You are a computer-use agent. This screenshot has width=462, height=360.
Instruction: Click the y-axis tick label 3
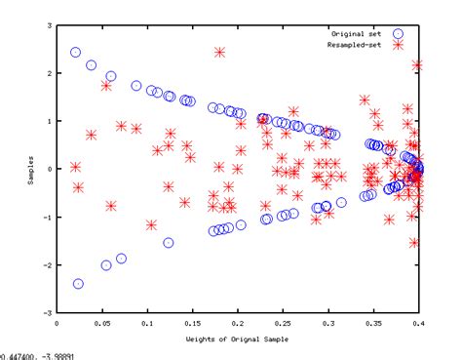[49, 25]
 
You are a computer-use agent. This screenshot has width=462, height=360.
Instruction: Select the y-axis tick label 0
[49, 169]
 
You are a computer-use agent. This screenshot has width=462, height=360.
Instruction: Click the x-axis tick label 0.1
[147, 323]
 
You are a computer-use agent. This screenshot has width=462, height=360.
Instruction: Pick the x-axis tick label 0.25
[283, 323]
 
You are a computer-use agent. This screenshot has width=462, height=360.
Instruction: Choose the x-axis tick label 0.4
[419, 323]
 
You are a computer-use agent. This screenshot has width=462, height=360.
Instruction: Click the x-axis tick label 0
[57, 323]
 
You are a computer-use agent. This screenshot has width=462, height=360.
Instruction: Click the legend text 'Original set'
[355, 32]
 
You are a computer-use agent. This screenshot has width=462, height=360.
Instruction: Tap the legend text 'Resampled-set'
[353, 44]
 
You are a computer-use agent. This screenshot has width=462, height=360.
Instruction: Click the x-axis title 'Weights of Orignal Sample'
[237, 339]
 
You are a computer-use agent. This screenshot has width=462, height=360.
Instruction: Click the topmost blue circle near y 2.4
[76, 53]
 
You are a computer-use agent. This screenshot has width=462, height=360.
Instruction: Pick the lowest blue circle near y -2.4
[78, 284]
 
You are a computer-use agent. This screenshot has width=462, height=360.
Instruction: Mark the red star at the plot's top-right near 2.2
[417, 65]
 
